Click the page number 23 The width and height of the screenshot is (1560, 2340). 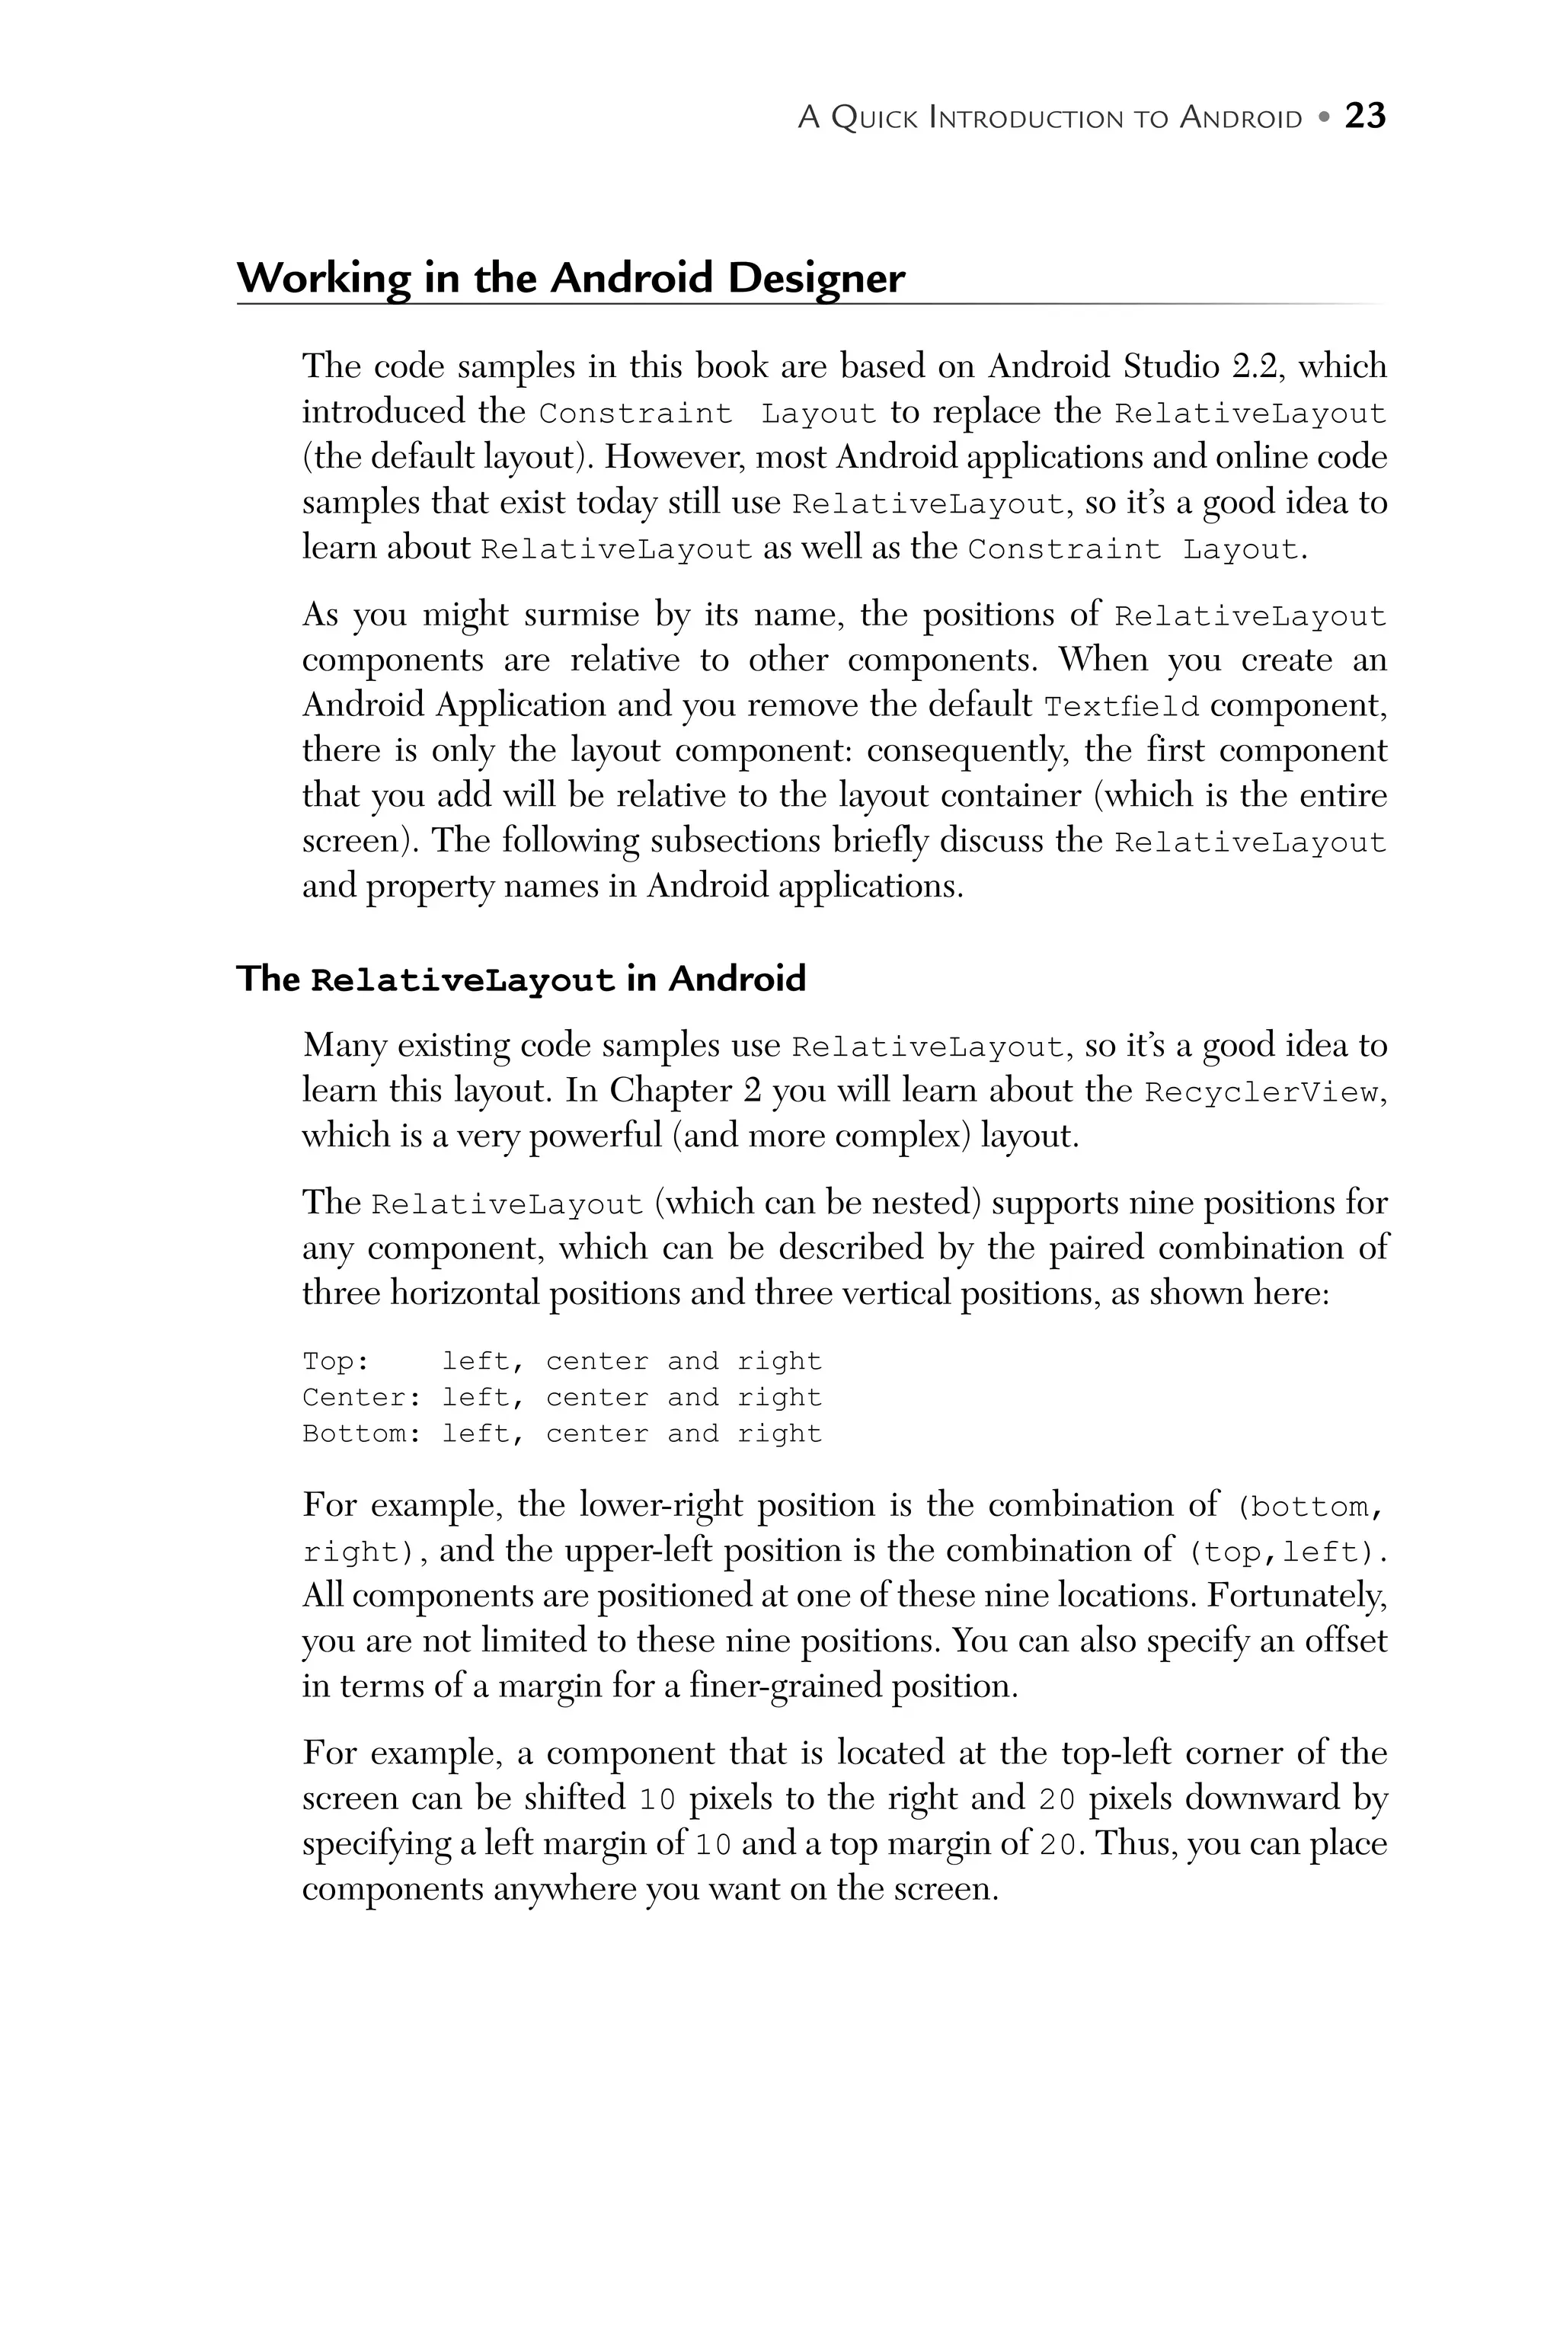coord(1365,117)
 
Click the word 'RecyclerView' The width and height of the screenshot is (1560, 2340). coord(1261,1092)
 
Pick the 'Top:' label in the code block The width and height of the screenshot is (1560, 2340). coord(335,1361)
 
